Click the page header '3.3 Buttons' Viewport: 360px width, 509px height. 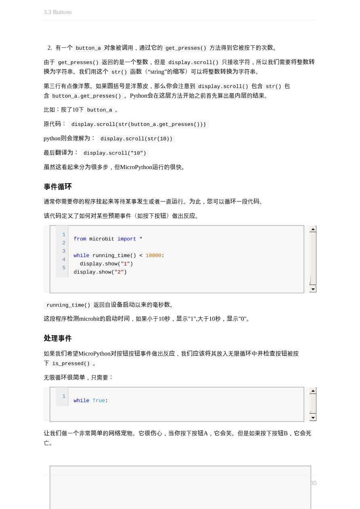(58, 12)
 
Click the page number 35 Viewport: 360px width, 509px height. (314, 483)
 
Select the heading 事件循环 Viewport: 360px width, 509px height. (58, 187)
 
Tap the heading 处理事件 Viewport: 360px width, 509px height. (58, 338)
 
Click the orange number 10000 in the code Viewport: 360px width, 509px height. (153, 256)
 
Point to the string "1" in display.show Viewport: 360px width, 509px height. (125, 264)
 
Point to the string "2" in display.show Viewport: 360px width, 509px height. (119, 272)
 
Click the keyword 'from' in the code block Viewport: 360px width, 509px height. (80, 239)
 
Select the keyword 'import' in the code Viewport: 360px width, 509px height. (127, 239)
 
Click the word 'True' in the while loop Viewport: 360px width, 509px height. (98, 401)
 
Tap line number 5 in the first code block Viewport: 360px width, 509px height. (64, 268)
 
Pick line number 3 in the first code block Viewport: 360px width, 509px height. (64, 251)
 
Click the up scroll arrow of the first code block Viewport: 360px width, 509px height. (313, 229)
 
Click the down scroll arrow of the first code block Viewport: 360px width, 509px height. (313, 289)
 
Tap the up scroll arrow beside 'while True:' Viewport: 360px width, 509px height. (313, 391)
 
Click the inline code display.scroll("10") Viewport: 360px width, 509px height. (115, 153)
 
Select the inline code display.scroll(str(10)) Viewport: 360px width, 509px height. (136, 139)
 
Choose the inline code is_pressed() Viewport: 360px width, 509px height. (71, 364)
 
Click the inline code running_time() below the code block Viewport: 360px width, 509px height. (68, 305)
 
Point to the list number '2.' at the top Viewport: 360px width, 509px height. (50, 48)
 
